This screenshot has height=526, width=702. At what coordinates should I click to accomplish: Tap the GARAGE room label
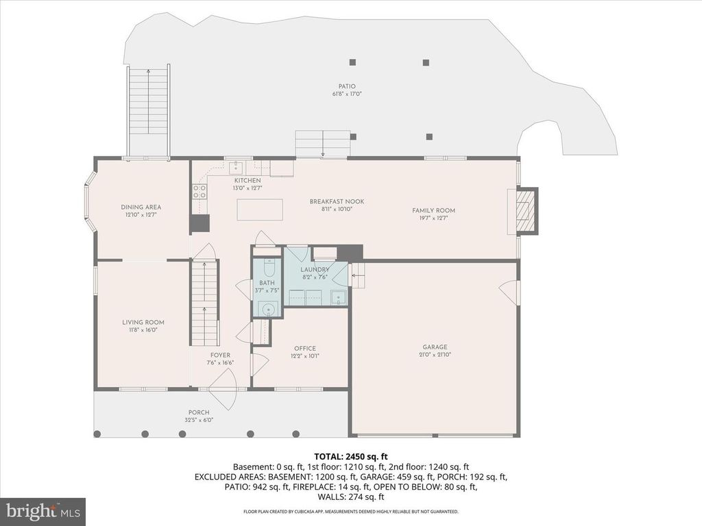(435, 347)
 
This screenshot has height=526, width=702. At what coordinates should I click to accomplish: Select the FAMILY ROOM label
(433, 210)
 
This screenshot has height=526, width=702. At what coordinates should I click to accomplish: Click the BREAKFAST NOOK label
(337, 201)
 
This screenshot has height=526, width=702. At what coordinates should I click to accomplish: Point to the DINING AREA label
(141, 207)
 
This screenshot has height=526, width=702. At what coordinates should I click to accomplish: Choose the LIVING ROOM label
(143, 322)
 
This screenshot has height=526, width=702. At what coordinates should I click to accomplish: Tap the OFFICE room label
(304, 348)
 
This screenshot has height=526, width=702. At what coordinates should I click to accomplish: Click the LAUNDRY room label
(315, 269)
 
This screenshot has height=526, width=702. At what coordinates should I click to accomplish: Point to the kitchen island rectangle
(260, 209)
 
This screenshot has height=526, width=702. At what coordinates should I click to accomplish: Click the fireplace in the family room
(525, 210)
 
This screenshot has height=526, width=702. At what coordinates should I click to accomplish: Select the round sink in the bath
(269, 310)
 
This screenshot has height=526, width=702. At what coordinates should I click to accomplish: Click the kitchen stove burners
(199, 191)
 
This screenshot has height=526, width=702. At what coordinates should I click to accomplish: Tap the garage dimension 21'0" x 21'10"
(435, 355)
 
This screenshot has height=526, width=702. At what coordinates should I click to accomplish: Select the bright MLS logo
(43, 511)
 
